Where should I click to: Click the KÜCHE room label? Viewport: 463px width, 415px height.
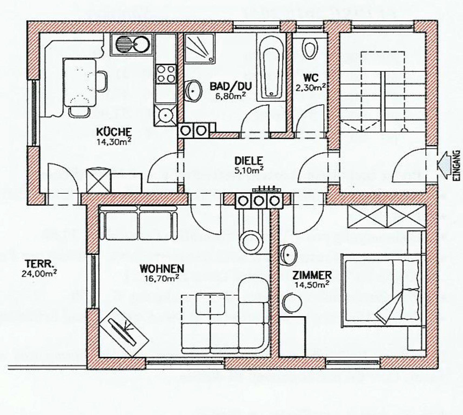pos(114,132)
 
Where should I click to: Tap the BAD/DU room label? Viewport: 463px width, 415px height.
pos(231,86)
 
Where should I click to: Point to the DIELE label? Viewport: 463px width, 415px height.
pos(249,161)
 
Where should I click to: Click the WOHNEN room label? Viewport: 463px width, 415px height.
pos(162,269)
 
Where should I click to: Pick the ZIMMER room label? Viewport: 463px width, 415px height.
pos(312,275)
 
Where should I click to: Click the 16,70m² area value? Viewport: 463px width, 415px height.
pos(162,278)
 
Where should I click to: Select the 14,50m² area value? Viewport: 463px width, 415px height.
pos(312,285)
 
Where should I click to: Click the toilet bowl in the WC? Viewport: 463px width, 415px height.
pos(310,49)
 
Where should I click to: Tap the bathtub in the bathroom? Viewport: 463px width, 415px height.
pos(271,67)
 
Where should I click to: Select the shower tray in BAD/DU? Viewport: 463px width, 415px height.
pos(200,49)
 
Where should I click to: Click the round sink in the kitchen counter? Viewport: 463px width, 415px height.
pos(141,44)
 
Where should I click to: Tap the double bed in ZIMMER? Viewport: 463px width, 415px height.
pos(382,290)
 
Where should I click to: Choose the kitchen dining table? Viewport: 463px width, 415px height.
pos(80,83)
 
